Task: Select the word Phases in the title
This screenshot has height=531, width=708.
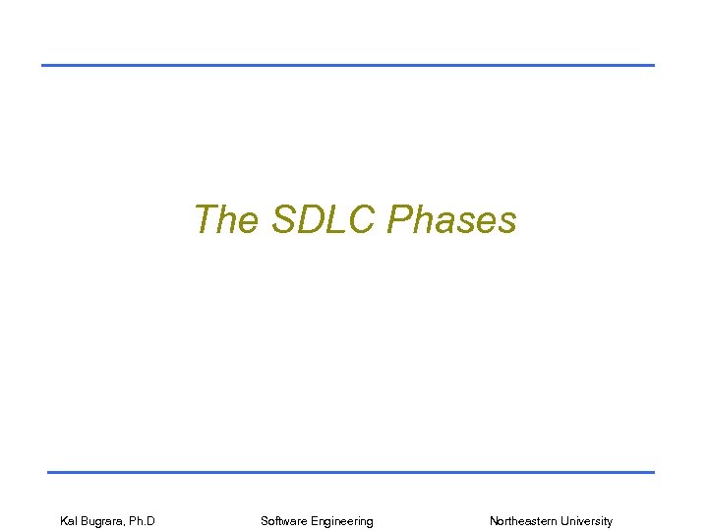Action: (x=451, y=219)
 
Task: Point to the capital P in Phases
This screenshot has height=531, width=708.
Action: (x=398, y=219)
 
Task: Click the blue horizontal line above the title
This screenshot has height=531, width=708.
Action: (x=347, y=65)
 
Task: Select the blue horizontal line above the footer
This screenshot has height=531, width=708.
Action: (x=350, y=472)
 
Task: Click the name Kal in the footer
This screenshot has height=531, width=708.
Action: (x=71, y=521)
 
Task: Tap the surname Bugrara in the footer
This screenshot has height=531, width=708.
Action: (x=107, y=521)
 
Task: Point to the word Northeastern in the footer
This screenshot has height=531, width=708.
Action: (x=524, y=521)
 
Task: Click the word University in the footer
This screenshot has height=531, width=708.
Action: (x=588, y=521)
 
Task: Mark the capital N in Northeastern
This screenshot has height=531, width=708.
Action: (x=494, y=521)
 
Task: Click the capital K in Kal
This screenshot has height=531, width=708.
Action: (x=64, y=521)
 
